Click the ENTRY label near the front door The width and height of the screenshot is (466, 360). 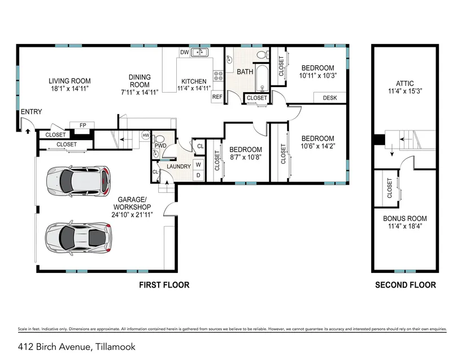[31, 112]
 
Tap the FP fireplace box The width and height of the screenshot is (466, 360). [82, 125]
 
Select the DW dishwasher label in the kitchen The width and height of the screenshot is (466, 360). [184, 53]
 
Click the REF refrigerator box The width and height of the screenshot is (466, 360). [217, 97]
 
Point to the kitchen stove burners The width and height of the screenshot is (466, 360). [218, 76]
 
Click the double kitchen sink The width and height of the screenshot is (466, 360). [200, 53]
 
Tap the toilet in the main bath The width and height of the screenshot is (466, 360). [263, 55]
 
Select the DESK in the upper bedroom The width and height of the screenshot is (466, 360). [330, 98]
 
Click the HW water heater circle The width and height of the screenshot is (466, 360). [146, 136]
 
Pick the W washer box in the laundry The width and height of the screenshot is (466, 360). [198, 164]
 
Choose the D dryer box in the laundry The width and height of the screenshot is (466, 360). [198, 175]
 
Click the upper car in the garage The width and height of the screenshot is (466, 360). [79, 181]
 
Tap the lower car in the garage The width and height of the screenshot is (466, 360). [79, 237]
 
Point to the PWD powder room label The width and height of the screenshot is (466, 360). [160, 146]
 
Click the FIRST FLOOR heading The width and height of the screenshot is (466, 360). [164, 285]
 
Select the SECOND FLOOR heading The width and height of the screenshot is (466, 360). [406, 285]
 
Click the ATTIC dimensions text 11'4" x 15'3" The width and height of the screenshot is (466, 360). [405, 91]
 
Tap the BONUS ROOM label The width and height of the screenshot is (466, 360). [405, 219]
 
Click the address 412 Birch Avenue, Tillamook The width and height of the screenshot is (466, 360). [77, 347]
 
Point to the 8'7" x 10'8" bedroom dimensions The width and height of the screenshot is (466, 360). [246, 157]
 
